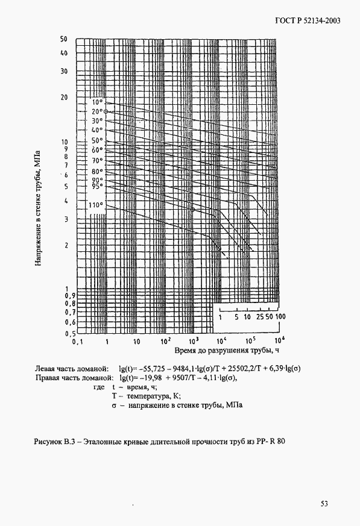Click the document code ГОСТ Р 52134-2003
307,22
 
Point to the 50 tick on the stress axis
63,39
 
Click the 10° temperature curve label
97,102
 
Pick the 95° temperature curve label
97,186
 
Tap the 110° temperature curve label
96,205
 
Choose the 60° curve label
97,149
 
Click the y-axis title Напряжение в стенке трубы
38,207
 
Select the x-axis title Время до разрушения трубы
227,350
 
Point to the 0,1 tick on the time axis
77,341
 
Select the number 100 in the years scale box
280,316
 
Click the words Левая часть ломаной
72,368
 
